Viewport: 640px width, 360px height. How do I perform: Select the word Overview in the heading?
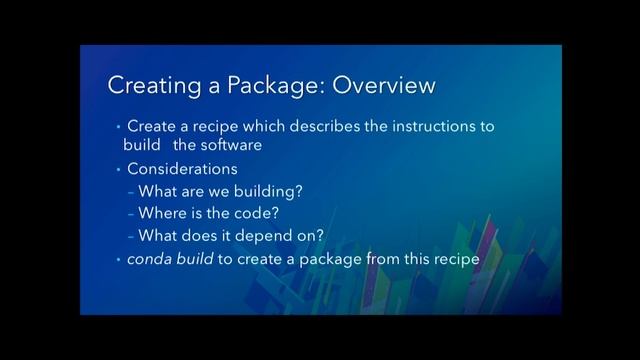pos(384,86)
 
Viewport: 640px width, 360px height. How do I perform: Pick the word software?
pos(230,145)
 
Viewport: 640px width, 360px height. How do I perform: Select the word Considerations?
pos(182,169)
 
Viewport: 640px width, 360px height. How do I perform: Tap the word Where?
pos(162,214)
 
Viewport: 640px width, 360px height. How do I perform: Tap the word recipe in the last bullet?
pos(456,260)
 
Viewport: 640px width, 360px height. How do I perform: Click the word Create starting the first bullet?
pos(152,127)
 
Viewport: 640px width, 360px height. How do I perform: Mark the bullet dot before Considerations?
pos(116,169)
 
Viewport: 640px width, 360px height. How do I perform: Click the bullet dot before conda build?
pos(116,260)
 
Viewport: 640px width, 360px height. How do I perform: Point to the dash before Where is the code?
pos(131,214)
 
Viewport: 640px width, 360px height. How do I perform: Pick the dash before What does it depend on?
pos(131,237)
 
